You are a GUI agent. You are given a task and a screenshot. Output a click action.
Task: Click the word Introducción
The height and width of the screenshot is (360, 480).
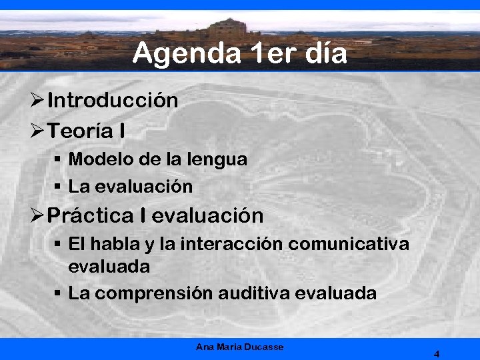pyautogui.click(x=113, y=101)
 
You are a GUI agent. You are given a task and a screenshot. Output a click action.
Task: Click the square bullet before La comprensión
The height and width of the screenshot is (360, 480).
pyautogui.click(x=58, y=293)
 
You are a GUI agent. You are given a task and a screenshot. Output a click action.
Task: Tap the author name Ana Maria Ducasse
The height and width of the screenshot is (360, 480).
pyautogui.click(x=239, y=347)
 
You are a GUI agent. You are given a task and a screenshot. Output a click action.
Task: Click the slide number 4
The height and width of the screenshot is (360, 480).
pyautogui.click(x=437, y=354)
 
